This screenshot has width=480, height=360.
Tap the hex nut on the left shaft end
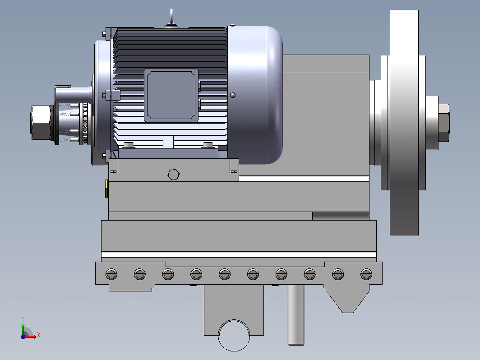pyautogui.click(x=41, y=123)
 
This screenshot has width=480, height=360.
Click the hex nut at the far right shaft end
pyautogui.click(x=443, y=123)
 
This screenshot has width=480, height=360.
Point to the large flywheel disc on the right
pyautogui.click(x=404, y=122)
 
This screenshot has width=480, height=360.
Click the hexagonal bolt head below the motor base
pyautogui.click(x=174, y=175)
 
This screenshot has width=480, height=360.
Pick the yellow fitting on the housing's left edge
pyautogui.click(x=106, y=189)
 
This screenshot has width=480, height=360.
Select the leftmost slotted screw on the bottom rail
pyautogui.click(x=111, y=274)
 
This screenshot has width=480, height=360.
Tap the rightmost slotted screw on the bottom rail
pyautogui.click(x=366, y=274)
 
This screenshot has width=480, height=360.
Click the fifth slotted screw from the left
pyautogui.click(x=225, y=274)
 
